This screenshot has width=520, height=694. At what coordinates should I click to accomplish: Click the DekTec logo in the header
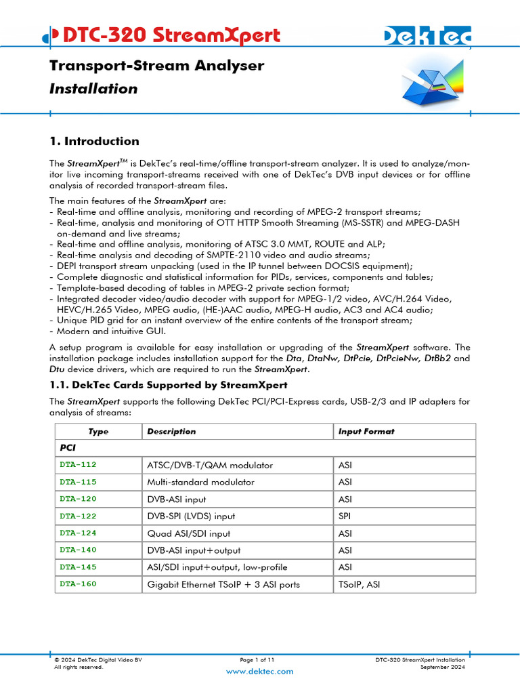pyautogui.click(x=427, y=37)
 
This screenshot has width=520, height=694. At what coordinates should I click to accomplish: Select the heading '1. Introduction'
pyautogui.click(x=94, y=141)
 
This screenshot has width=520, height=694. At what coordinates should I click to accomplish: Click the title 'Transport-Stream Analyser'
pyautogui.click(x=156, y=66)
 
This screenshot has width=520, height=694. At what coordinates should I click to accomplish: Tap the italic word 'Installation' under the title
pyautogui.click(x=93, y=89)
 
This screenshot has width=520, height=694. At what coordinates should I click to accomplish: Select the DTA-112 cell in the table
pyautogui.click(x=78, y=465)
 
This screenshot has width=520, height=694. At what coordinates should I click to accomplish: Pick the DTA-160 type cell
pyautogui.click(x=78, y=584)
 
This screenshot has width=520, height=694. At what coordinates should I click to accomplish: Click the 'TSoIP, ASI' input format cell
pyautogui.click(x=359, y=584)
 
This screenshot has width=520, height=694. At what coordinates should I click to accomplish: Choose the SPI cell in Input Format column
pyautogui.click(x=344, y=516)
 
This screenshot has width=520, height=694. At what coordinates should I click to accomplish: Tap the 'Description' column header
pyautogui.click(x=171, y=431)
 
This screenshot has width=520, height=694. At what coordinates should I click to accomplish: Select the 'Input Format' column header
pyautogui.click(x=366, y=431)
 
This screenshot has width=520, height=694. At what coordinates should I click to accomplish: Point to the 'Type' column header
pyautogui.click(x=98, y=432)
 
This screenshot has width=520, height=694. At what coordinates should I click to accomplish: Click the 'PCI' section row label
pyautogui.click(x=68, y=448)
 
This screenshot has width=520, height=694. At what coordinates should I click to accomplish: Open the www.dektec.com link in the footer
pyautogui.click(x=259, y=671)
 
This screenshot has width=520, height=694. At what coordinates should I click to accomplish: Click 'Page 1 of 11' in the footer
pyautogui.click(x=257, y=659)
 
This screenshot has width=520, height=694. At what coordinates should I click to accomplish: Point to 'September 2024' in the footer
pyautogui.click(x=443, y=667)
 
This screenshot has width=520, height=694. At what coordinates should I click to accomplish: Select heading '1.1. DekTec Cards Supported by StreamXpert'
pyautogui.click(x=169, y=385)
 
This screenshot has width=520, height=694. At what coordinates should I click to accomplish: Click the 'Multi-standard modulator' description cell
pyautogui.click(x=200, y=483)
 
